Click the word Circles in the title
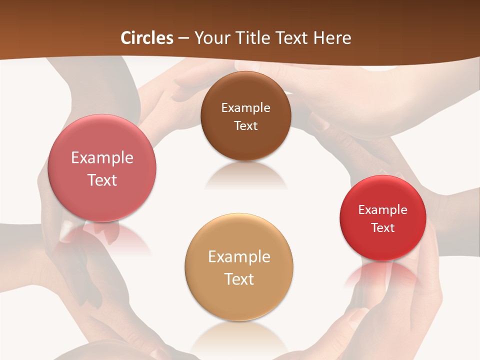pos(147,38)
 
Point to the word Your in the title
pos(211,38)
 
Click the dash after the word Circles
pos(183,38)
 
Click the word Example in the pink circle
pos(102,158)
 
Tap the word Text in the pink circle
pos(102,180)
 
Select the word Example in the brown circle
pos(245,108)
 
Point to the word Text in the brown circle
pos(245,125)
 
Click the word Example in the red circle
pos(382,210)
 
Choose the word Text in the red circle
pos(382,228)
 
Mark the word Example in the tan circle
pos(239,257)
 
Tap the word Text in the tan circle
pos(239,279)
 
